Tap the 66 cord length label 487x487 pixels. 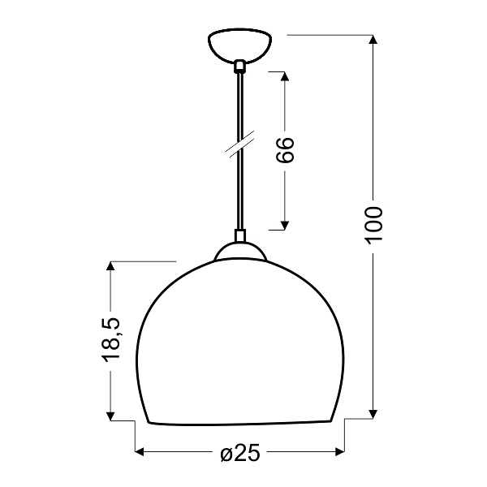pyautogui.click(x=284, y=150)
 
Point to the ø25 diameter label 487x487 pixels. pyautogui.click(x=239, y=453)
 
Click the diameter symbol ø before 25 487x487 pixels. pyautogui.click(x=226, y=453)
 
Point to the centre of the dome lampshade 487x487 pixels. pyautogui.click(x=239, y=341)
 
